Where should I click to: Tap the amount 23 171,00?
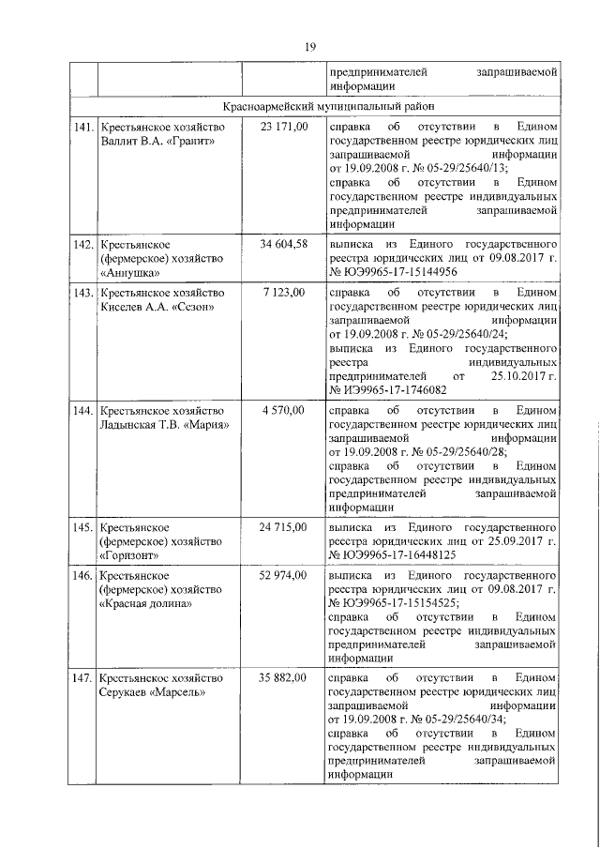(284, 127)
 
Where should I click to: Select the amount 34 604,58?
(284, 244)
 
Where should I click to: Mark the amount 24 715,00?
(284, 527)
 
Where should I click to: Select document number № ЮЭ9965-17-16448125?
(392, 555)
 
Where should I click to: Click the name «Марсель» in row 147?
(184, 693)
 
